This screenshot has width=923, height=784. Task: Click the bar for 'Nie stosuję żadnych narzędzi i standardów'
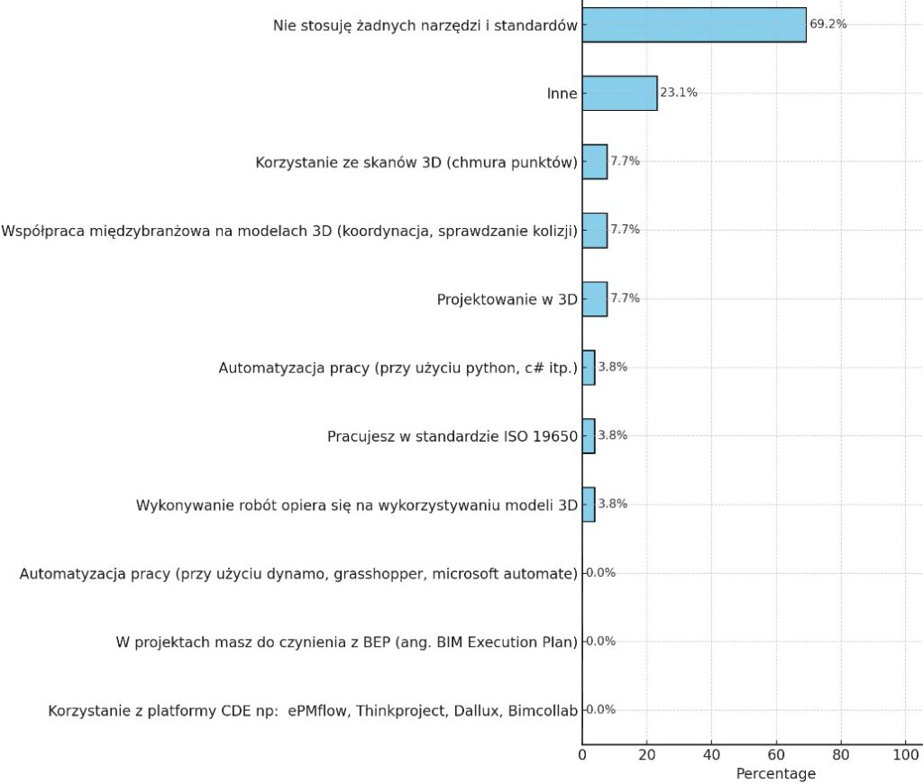694,24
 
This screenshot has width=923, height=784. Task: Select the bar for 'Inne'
619,93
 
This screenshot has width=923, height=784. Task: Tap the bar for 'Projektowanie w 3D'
594,298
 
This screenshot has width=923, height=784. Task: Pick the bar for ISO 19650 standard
589,435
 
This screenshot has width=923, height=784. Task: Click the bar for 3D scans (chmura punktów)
594,161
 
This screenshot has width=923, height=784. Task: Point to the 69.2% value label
827,24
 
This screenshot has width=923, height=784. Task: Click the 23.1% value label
679,93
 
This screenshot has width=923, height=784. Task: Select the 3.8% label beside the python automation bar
613,367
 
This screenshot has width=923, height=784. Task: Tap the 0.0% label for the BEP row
600,641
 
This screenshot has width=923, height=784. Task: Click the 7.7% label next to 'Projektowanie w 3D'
625,298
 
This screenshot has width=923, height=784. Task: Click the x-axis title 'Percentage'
775,773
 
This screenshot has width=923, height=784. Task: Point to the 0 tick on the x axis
582,753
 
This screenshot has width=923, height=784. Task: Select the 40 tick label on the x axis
712,753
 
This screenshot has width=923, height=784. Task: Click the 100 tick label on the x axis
905,753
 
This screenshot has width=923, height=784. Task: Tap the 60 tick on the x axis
776,753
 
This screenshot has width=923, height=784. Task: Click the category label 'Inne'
562,94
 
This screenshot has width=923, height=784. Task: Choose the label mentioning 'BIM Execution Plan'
346,642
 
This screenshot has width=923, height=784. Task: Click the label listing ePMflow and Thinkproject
312,710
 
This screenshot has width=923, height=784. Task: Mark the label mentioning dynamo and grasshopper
298,573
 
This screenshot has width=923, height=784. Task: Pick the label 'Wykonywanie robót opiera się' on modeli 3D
356,505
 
